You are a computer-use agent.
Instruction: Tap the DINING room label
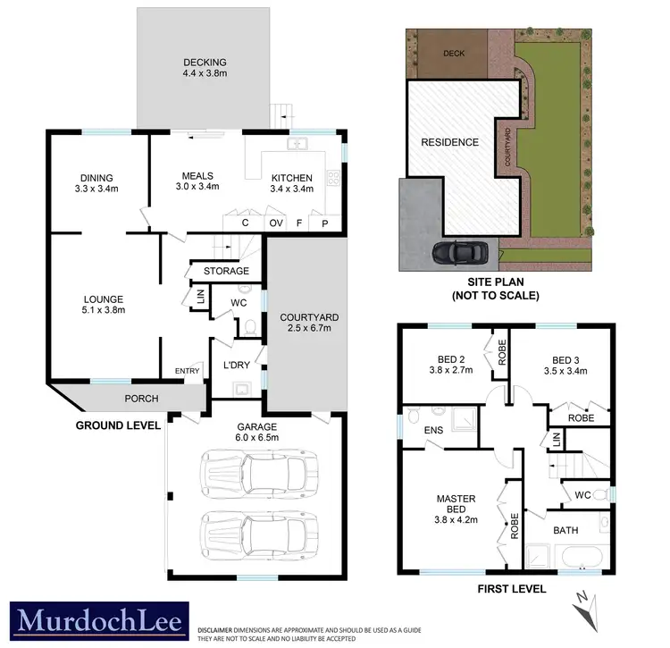[96, 177]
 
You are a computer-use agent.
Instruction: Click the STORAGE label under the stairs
[226, 271]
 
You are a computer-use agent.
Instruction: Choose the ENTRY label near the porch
[188, 372]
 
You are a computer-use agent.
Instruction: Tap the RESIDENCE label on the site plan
[450, 142]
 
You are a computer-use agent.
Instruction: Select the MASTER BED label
[456, 505]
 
